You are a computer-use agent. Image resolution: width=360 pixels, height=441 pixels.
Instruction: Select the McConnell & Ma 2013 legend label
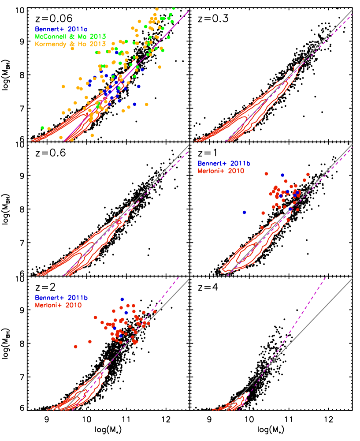pyautogui.click(x=71, y=36)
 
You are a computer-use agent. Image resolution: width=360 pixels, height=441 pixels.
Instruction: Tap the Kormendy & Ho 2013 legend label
pyautogui.click(x=71, y=44)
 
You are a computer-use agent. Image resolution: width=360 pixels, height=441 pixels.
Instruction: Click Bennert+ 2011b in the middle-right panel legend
pyautogui.click(x=224, y=164)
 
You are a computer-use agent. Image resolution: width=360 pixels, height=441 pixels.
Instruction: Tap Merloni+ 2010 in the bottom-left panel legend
pyautogui.click(x=58, y=305)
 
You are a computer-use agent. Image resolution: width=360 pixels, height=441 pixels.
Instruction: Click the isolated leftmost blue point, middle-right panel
pyautogui.click(x=244, y=213)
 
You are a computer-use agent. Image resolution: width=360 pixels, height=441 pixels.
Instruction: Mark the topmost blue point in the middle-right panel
pyautogui.click(x=282, y=175)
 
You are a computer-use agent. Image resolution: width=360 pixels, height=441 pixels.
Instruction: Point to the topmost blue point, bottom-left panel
pyautogui.click(x=122, y=299)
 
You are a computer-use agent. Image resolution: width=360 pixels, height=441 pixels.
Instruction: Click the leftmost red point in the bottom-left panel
pyautogui.click(x=75, y=347)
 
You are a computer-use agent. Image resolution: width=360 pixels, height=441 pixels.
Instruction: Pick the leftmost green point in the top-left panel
pyautogui.click(x=42, y=128)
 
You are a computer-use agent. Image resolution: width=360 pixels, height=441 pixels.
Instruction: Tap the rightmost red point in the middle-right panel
pyautogui.click(x=308, y=174)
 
